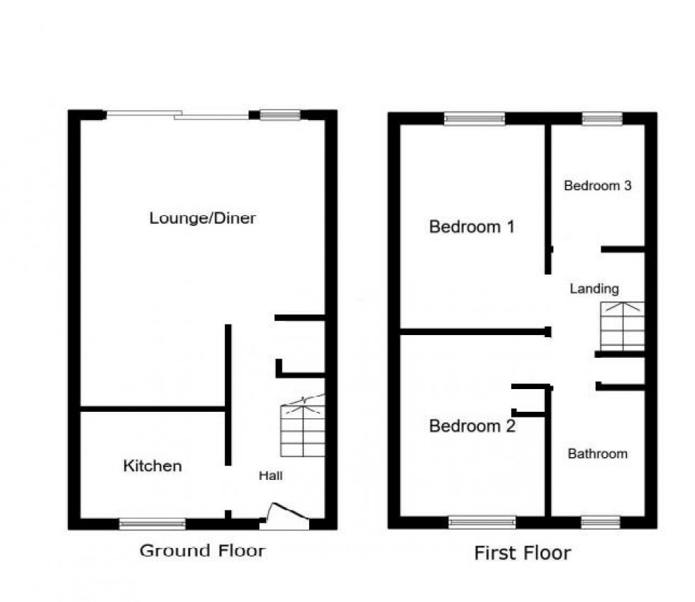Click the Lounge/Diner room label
(x=202, y=218)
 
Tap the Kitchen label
(x=152, y=466)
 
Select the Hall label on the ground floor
(x=270, y=476)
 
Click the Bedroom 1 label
(x=472, y=227)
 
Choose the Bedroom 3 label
(x=597, y=186)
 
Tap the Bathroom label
(x=597, y=454)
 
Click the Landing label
(x=594, y=289)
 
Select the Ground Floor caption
(x=202, y=550)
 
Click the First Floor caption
(x=522, y=553)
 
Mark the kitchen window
(x=152, y=524)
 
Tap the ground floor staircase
(x=304, y=429)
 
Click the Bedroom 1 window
(x=474, y=119)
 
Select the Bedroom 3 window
(x=602, y=119)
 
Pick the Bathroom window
(x=600, y=522)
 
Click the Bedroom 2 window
(x=482, y=522)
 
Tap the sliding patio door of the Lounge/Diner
(x=177, y=114)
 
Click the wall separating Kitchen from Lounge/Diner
(x=152, y=409)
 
